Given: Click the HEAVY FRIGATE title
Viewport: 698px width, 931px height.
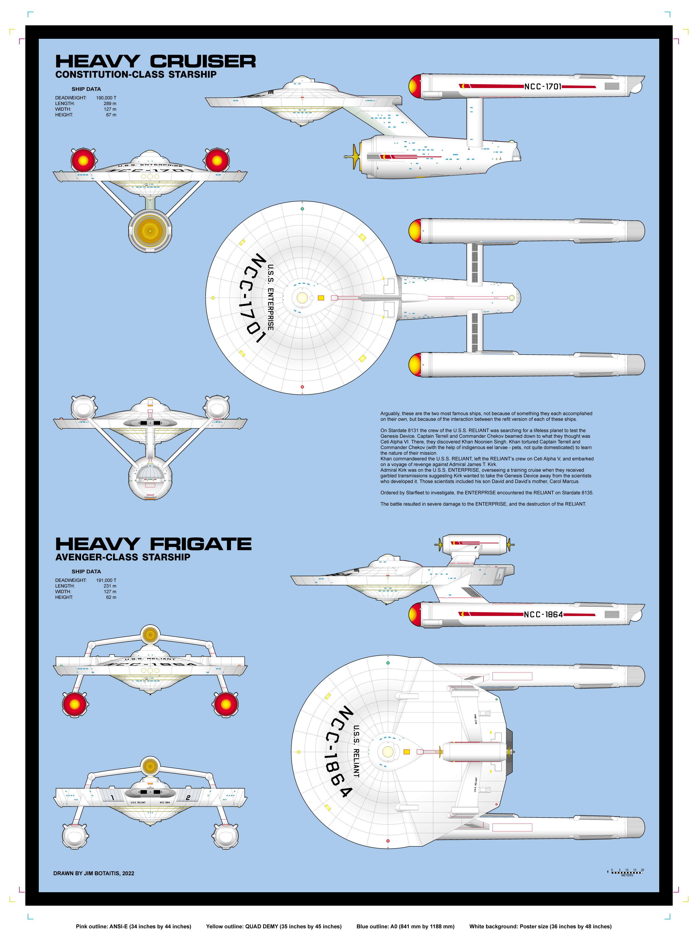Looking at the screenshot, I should pos(153,544).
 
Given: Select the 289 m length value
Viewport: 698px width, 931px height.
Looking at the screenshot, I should pos(110,103).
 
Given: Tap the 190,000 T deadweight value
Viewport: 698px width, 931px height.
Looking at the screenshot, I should pos(106,98).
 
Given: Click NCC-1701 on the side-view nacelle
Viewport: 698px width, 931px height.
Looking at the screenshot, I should pos(542,87).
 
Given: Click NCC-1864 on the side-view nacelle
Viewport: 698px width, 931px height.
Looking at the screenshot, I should pos(543,614).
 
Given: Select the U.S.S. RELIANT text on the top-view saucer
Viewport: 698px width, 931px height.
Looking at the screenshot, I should pos(356,751).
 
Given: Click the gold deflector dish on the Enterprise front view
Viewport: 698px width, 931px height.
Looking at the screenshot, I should pos(150,230).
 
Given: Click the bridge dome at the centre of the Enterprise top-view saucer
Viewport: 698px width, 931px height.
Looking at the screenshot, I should pos(302,298).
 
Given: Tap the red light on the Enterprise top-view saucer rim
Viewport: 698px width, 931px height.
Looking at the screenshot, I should pos(302,387).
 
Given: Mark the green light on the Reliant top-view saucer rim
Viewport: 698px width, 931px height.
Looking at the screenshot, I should pos(388,663).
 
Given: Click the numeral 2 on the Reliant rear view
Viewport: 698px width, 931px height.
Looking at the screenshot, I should pos(188,797).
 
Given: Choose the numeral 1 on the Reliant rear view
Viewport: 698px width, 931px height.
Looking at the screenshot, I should pos(112,797).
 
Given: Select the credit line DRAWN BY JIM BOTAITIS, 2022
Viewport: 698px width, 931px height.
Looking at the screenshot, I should pos(94,873).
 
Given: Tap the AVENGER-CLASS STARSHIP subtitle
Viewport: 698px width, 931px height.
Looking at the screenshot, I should pos(123,557).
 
